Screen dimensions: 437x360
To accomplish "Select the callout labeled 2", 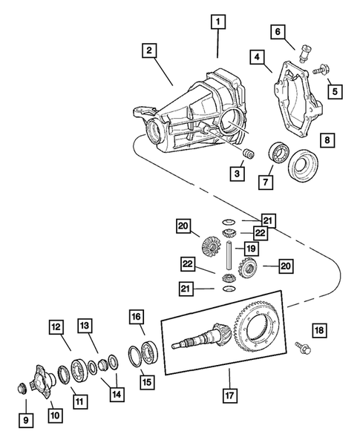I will click(x=149, y=50).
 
